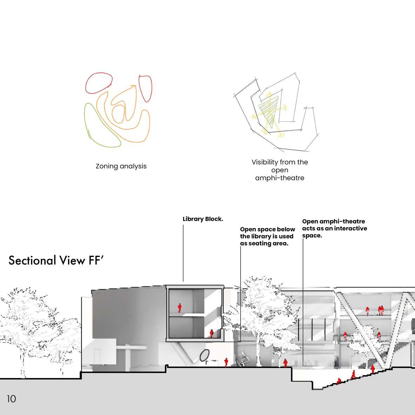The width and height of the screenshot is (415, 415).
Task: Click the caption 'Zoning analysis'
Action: click(121, 166)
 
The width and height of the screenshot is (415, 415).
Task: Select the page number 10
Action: click(11, 399)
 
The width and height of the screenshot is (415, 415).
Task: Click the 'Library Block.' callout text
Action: click(203, 219)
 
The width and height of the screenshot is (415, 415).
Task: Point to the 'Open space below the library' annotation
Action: click(267, 236)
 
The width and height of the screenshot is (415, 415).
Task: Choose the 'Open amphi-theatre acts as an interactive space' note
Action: click(334, 228)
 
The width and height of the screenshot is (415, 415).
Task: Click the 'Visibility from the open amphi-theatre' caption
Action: click(280, 170)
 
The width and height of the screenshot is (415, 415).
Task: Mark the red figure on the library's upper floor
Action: click(180, 308)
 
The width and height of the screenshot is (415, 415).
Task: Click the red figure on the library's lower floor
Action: click(212, 334)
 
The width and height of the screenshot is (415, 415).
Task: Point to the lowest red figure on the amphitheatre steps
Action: click(339, 381)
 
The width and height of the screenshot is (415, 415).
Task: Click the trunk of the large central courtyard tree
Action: click(258, 351)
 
